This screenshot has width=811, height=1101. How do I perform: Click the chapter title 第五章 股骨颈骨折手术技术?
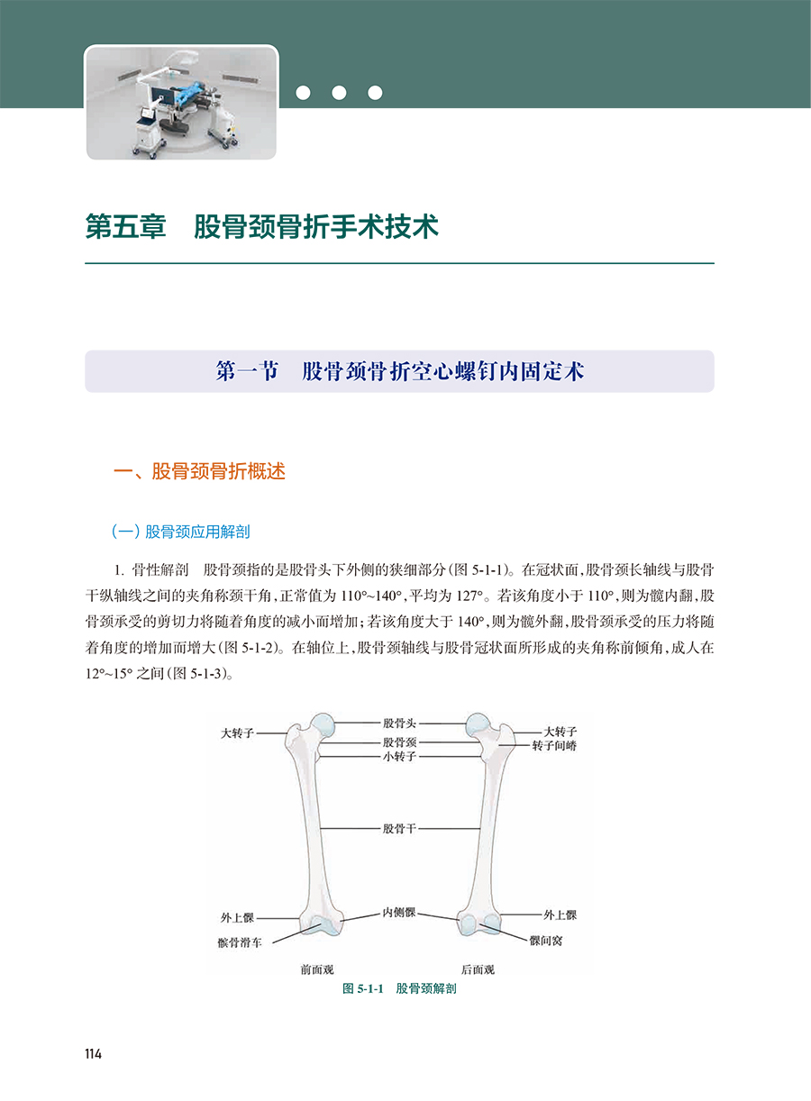262,227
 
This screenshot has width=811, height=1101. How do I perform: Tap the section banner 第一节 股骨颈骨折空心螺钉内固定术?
399,371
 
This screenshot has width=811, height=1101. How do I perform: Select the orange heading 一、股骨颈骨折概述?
197,471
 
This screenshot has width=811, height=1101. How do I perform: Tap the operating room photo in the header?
181,104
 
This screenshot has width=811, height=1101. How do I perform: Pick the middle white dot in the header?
339,92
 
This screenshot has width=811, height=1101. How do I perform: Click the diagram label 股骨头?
399,722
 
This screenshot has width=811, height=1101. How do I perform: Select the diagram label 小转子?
399,757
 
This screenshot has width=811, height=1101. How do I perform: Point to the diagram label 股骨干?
399,827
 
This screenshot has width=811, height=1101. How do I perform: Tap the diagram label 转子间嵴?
554,746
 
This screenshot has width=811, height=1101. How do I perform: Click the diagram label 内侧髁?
398,913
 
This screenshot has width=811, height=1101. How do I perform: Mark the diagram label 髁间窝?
547,940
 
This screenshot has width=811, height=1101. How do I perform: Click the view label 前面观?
317,969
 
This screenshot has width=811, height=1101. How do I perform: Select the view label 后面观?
478,969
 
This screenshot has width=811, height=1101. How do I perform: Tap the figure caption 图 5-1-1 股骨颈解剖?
399,988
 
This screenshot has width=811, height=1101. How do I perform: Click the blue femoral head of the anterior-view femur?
323,723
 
